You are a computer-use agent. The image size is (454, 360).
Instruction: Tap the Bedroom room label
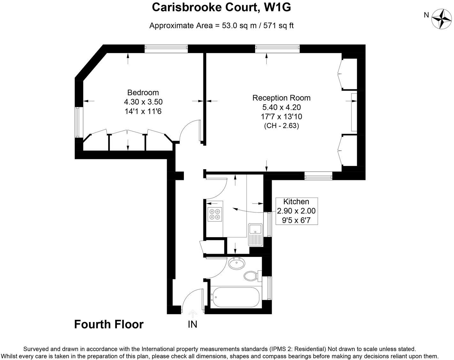(143, 93)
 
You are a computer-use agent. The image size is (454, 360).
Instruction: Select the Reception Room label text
(281, 98)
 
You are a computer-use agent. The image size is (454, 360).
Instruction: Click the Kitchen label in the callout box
(296, 202)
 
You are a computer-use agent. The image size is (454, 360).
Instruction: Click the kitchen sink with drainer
(255, 234)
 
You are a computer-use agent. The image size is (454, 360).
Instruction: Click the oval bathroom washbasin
(237, 264)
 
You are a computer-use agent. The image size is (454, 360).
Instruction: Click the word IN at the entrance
(193, 325)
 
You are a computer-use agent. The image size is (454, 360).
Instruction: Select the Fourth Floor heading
(109, 324)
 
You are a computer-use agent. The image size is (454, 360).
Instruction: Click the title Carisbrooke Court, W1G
(221, 7)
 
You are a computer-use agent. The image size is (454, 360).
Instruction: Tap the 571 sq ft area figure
(278, 26)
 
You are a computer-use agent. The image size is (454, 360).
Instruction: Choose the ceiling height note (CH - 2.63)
(281, 126)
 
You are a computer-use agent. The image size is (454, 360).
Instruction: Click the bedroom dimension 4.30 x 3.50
(143, 102)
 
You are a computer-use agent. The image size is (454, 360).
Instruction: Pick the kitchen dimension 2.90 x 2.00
(296, 211)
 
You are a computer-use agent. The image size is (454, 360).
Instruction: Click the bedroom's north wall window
(166, 48)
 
